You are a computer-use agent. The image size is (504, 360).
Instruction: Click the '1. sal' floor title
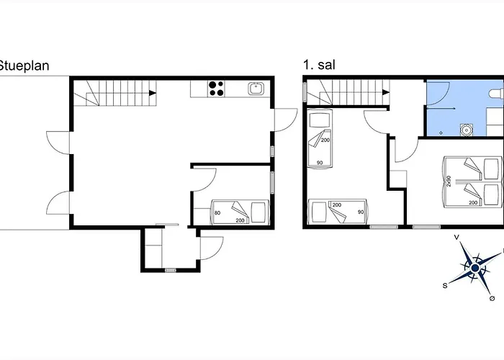coord(319,66)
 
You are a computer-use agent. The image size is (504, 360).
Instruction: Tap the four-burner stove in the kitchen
coord(216,89)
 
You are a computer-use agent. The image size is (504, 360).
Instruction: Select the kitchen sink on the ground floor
coord(256,89)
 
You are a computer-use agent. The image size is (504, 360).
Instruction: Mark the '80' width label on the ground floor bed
coord(198,212)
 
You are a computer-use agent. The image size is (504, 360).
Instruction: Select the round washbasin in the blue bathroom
coord(467,130)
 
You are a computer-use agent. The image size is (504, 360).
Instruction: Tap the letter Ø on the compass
coord(492,297)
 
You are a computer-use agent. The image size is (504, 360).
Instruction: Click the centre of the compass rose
coord(474,269)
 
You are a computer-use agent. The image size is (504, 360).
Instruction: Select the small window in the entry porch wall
coord(171,270)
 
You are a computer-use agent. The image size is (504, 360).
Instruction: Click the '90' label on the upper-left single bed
coord(319,163)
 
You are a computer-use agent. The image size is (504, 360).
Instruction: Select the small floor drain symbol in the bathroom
coord(441,133)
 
